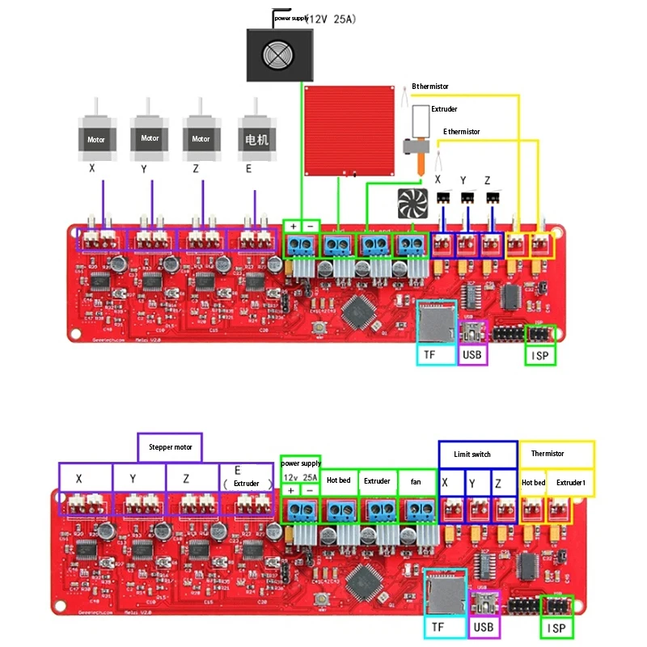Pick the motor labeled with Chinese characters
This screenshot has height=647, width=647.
(x=256, y=137)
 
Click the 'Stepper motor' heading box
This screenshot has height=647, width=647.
(x=169, y=446)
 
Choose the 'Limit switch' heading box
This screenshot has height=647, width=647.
(x=477, y=454)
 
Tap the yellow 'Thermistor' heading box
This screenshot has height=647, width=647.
(x=557, y=453)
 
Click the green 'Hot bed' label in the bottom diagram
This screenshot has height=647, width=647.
(x=339, y=481)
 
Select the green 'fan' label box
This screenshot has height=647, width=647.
(x=416, y=481)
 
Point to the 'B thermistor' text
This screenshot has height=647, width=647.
(x=430, y=86)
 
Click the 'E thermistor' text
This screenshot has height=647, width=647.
(x=461, y=131)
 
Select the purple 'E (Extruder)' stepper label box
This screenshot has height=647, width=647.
(x=247, y=477)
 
